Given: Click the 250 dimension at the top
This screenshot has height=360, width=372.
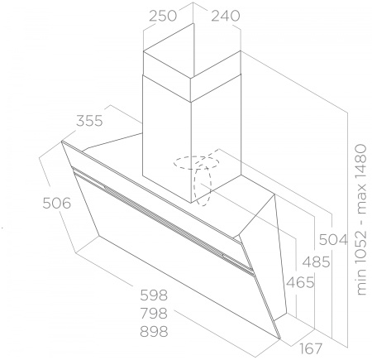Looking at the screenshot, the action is point(163,16).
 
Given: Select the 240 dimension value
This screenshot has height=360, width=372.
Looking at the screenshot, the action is point(226,16).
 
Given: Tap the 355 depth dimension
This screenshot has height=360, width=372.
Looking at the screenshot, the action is point(89,121).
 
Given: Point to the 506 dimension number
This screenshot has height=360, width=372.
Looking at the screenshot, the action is point(57,204).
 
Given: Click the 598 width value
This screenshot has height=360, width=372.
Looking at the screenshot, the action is point(154,295).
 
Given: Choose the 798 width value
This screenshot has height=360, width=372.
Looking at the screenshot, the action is point(154,314).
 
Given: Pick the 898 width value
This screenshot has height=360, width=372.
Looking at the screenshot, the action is point(154,332).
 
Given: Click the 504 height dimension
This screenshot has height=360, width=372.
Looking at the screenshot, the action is point(333,240).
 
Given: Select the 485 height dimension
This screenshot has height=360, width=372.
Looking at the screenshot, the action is point(317,262).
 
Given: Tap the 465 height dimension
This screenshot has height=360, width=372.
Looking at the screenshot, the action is point(300,282).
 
